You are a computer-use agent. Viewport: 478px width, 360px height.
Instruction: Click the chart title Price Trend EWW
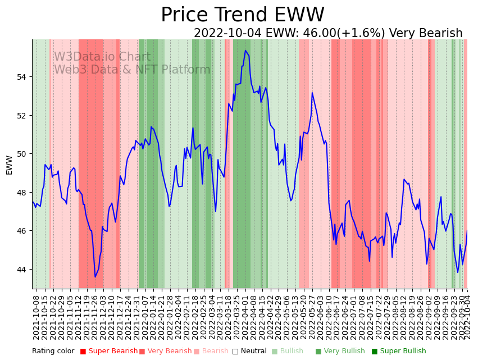coord(242,15)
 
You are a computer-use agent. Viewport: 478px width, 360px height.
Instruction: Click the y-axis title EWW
coord(9,165)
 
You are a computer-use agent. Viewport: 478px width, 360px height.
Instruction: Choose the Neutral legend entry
coord(250,352)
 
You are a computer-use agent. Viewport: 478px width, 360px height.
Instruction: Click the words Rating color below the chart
coord(53,352)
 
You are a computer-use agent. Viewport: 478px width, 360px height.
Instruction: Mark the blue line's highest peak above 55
coord(245,51)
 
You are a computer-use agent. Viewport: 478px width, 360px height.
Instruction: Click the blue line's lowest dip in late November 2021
coord(95,277)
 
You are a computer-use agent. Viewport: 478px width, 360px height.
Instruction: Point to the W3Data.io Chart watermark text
coord(102,57)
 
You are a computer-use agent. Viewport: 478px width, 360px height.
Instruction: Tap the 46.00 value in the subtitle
coord(319,34)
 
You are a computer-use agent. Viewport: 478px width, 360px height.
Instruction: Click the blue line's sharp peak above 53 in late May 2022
coord(312,93)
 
